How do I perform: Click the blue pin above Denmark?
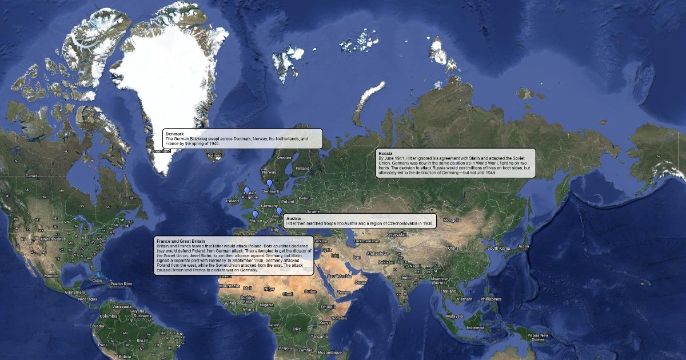pyautogui.click(x=269, y=183)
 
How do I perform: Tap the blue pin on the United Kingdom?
pyautogui.click(x=247, y=191)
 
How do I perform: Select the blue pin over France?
pyautogui.click(x=255, y=214)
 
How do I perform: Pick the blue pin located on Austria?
pyautogui.click(x=279, y=211)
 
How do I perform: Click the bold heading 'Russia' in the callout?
pyautogui.click(x=385, y=154)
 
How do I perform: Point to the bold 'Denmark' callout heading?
pyautogui.click(x=174, y=134)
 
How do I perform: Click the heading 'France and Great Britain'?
pyautogui.click(x=181, y=241)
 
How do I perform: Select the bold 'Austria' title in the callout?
pyautogui.click(x=293, y=219)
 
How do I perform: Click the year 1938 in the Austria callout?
pyautogui.click(x=429, y=223)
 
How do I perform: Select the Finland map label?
pyautogui.click(x=302, y=168)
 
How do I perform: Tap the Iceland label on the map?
pyautogui.click(x=214, y=155)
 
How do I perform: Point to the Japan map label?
pyautogui.click(x=523, y=246)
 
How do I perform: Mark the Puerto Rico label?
pyautogui.click(x=121, y=283)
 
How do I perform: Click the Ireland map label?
pyautogui.click(x=232, y=201)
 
